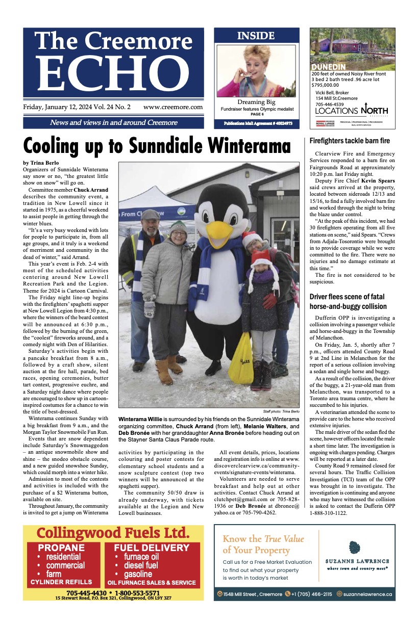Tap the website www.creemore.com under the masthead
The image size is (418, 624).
tap(173, 107)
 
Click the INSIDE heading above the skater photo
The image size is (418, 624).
tap(256, 36)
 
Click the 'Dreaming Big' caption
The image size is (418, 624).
tap(256, 102)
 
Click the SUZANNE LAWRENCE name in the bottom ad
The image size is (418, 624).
tap(357, 561)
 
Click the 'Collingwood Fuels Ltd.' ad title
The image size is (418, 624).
tap(113, 533)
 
